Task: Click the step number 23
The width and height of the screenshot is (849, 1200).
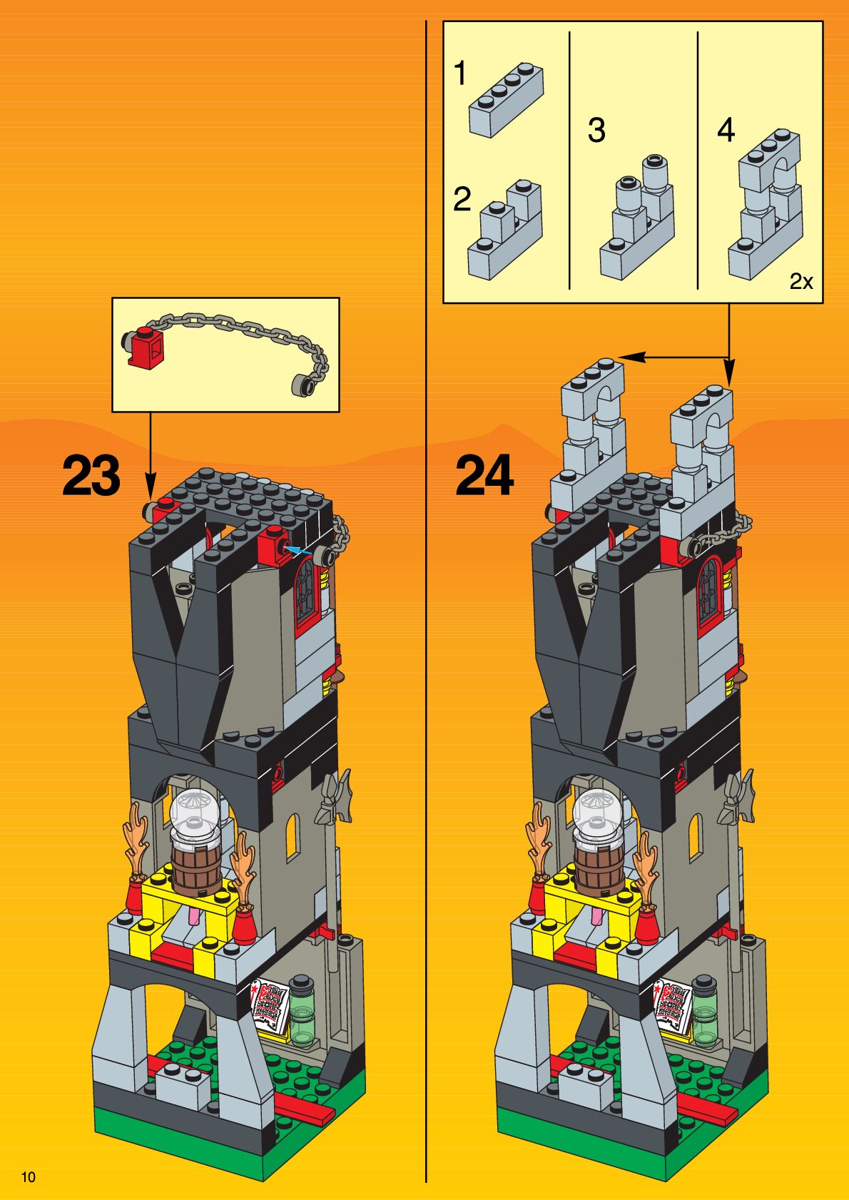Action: (91, 476)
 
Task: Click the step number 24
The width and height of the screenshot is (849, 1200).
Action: (484, 476)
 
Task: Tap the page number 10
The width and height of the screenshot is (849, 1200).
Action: (28, 1177)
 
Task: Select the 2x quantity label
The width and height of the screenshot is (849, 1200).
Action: (800, 281)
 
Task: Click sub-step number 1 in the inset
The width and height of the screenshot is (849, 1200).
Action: (460, 73)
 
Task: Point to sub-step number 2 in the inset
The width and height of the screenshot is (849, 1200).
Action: (462, 200)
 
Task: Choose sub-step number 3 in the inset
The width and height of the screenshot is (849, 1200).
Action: (596, 131)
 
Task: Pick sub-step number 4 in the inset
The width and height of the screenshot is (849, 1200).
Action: (726, 131)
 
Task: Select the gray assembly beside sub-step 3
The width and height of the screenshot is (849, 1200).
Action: (637, 218)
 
